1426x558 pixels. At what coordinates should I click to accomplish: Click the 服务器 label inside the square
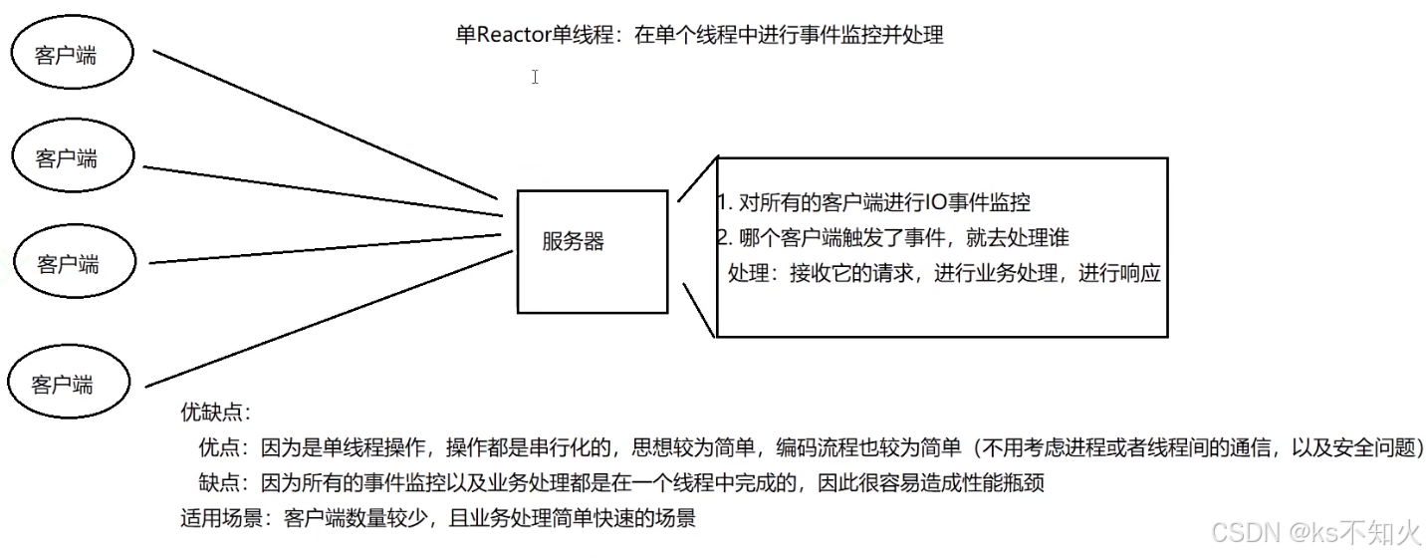[573, 241]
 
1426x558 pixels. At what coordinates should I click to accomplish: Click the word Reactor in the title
[514, 35]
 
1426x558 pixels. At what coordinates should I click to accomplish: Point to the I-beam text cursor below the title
[536, 77]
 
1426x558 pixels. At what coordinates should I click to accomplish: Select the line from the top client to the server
[326, 125]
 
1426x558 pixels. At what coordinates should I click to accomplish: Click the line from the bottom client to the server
[330, 319]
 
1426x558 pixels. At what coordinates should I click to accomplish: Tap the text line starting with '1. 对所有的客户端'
[873, 202]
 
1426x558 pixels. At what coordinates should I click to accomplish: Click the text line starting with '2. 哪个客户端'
[892, 237]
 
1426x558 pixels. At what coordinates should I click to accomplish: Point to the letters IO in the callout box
[935, 202]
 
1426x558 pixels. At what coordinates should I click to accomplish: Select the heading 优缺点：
[216, 413]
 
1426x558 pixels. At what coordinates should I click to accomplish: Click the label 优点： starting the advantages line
[228, 447]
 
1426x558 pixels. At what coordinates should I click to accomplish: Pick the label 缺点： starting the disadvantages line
[228, 483]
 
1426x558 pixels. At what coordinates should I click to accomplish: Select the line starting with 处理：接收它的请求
[944, 273]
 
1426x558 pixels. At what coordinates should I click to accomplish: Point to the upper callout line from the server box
[698, 178]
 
